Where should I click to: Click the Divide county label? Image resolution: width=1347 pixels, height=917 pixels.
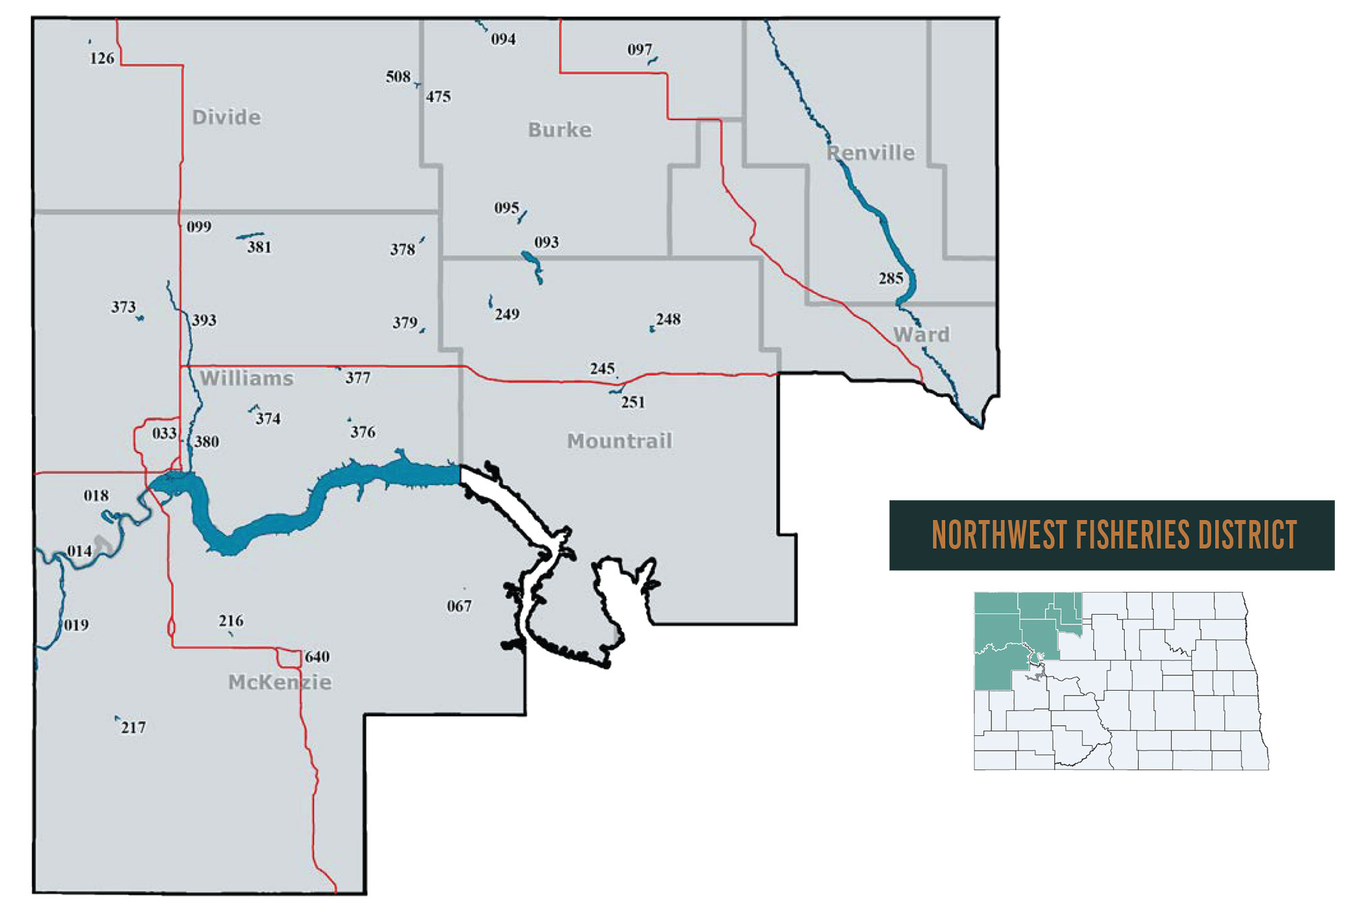[x=226, y=117]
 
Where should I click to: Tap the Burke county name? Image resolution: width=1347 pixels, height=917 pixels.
[x=560, y=129]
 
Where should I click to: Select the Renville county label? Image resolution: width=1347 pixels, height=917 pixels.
[x=871, y=153]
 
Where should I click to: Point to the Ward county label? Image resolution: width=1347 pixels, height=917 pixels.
[x=921, y=334]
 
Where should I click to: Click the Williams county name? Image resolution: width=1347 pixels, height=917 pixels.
[x=247, y=378]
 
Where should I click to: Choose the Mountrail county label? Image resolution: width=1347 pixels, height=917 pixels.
[x=620, y=441]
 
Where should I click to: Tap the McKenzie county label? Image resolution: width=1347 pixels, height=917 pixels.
[x=280, y=682]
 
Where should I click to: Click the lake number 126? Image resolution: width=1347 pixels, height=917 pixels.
[x=102, y=58]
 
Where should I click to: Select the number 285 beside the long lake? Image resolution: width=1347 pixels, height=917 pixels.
[x=890, y=278]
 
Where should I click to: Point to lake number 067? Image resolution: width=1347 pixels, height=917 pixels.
[x=459, y=606]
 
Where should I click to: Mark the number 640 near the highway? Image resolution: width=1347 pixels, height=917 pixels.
[x=317, y=656]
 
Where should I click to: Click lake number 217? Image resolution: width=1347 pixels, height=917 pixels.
[x=133, y=727]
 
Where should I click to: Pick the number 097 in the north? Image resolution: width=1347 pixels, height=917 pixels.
[x=639, y=49]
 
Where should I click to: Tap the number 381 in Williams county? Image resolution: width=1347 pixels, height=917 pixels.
[x=259, y=247]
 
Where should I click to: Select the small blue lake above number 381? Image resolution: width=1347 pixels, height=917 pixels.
[x=249, y=236]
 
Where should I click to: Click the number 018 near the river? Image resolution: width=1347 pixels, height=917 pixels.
[x=96, y=496]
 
